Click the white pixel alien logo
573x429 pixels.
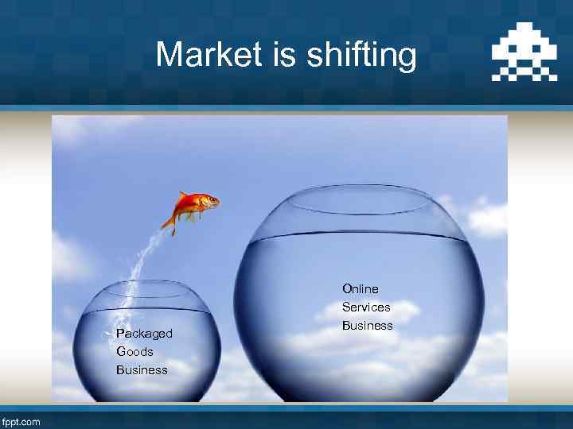point(524,56)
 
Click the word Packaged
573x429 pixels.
point(144,334)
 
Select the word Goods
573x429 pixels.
point(134,351)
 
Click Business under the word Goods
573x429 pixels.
point(142,369)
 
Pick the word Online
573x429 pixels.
point(361,288)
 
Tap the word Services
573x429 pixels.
point(366,307)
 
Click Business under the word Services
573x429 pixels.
point(367,325)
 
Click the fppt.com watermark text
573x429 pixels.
point(21,422)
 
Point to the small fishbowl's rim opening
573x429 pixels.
point(151,287)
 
